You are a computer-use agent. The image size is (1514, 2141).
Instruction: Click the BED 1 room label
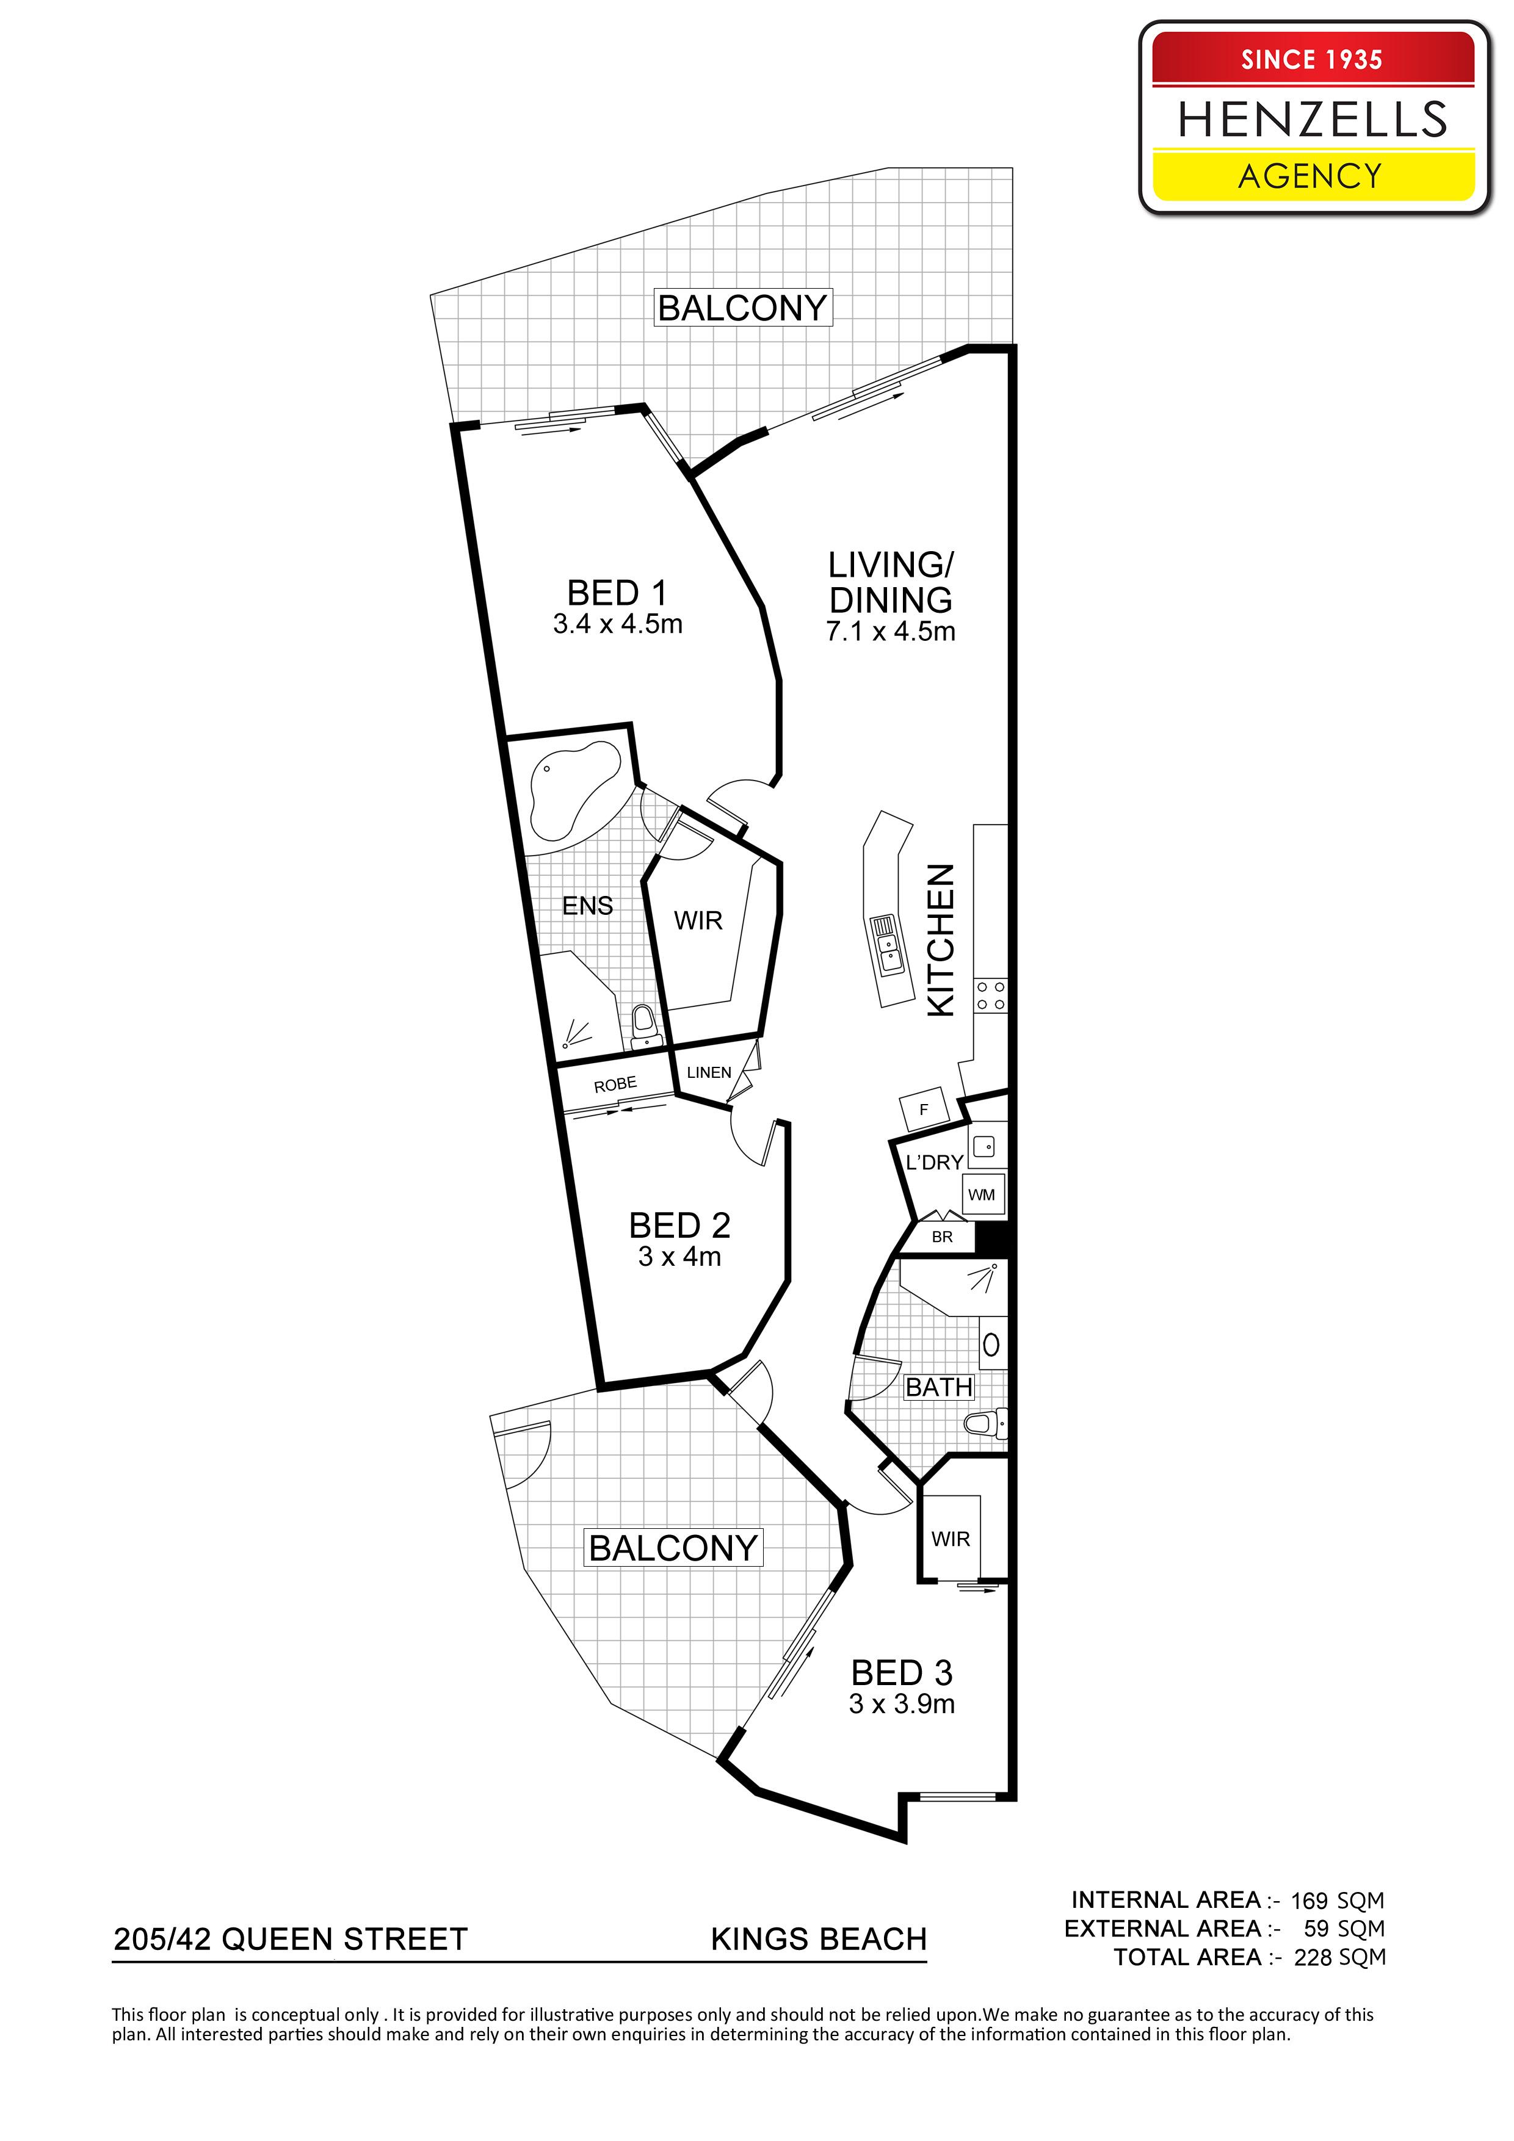click(618, 593)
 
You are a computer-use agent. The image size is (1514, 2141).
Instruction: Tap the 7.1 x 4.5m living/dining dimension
click(891, 631)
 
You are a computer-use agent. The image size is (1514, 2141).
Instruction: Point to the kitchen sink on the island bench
click(886, 945)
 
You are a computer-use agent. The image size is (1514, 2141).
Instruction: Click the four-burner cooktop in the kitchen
click(991, 995)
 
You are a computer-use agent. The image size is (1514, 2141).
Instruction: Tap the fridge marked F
click(924, 1110)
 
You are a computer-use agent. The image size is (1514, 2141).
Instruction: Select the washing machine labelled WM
click(981, 1194)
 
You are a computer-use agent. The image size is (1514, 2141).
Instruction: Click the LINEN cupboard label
click(709, 1072)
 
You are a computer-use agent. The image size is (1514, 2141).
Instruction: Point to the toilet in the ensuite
click(643, 1026)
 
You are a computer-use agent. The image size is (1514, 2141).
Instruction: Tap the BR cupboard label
click(942, 1237)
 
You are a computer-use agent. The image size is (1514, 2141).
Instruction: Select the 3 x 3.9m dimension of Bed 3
click(902, 1703)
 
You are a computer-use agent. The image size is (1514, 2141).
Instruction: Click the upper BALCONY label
click(742, 308)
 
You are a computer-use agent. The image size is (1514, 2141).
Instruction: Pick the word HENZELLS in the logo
click(1313, 120)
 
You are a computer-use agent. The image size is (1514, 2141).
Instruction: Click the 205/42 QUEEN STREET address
click(290, 1940)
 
